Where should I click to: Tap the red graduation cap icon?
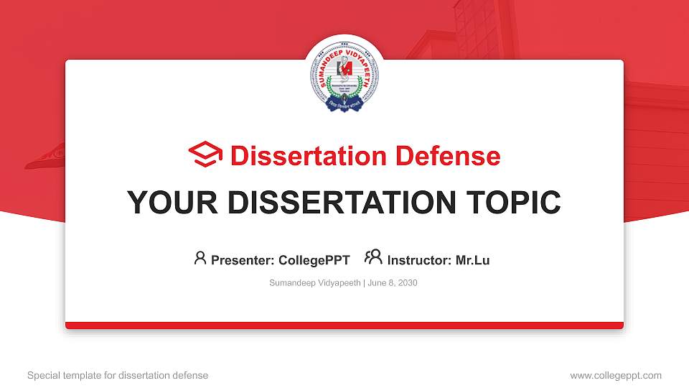coord(206,154)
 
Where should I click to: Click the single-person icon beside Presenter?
coord(200,258)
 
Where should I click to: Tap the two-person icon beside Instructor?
coord(373,257)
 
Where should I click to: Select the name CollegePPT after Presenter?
coord(315,260)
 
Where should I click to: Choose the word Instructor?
coord(419,260)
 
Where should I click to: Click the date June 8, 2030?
coord(393,283)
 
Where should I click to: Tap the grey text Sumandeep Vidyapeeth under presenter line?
coord(314,283)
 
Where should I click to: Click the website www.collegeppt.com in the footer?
coord(615,375)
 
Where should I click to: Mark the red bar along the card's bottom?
coord(344,325)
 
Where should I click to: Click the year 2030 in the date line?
coord(407,283)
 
